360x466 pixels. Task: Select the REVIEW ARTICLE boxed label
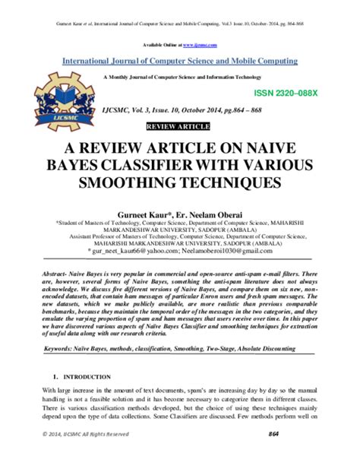tap(179, 124)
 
